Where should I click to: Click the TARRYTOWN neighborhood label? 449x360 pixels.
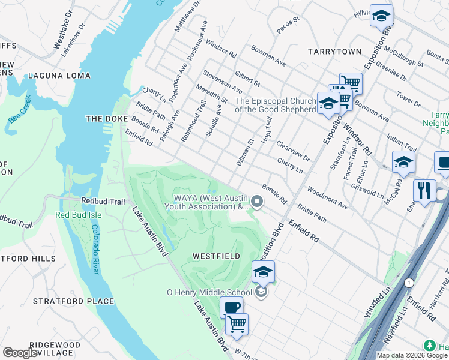(334, 52)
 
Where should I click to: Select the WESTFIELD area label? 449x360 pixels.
(216, 256)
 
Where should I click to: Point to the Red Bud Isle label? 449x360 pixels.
(79, 215)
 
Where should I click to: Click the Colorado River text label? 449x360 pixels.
(95, 250)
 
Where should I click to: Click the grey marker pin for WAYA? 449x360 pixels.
(258, 202)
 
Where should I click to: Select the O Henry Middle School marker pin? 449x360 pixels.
(261, 292)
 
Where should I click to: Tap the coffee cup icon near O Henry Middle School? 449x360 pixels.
(231, 307)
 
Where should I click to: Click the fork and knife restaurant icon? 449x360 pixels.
(424, 190)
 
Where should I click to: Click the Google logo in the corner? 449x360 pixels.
(20, 353)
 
